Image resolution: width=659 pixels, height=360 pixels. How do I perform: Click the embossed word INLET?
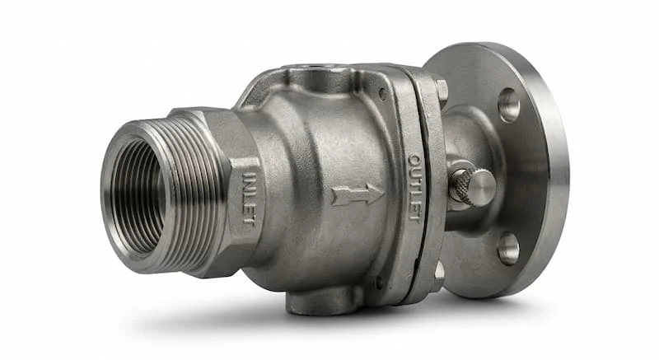coord(249,199)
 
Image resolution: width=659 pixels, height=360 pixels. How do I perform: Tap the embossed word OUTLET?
coord(414,187)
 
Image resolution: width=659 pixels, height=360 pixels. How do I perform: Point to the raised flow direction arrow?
coord(358,194)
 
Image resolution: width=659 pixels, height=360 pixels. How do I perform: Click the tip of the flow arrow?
coord(384,194)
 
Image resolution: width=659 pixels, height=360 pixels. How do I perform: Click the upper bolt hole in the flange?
coord(508,105)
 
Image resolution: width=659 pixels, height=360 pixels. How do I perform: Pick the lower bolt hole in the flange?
coord(508,248)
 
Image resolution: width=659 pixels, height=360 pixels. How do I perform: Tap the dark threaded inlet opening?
coord(138,197)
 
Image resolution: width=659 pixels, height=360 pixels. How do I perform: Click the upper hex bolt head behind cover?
coord(441,91)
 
